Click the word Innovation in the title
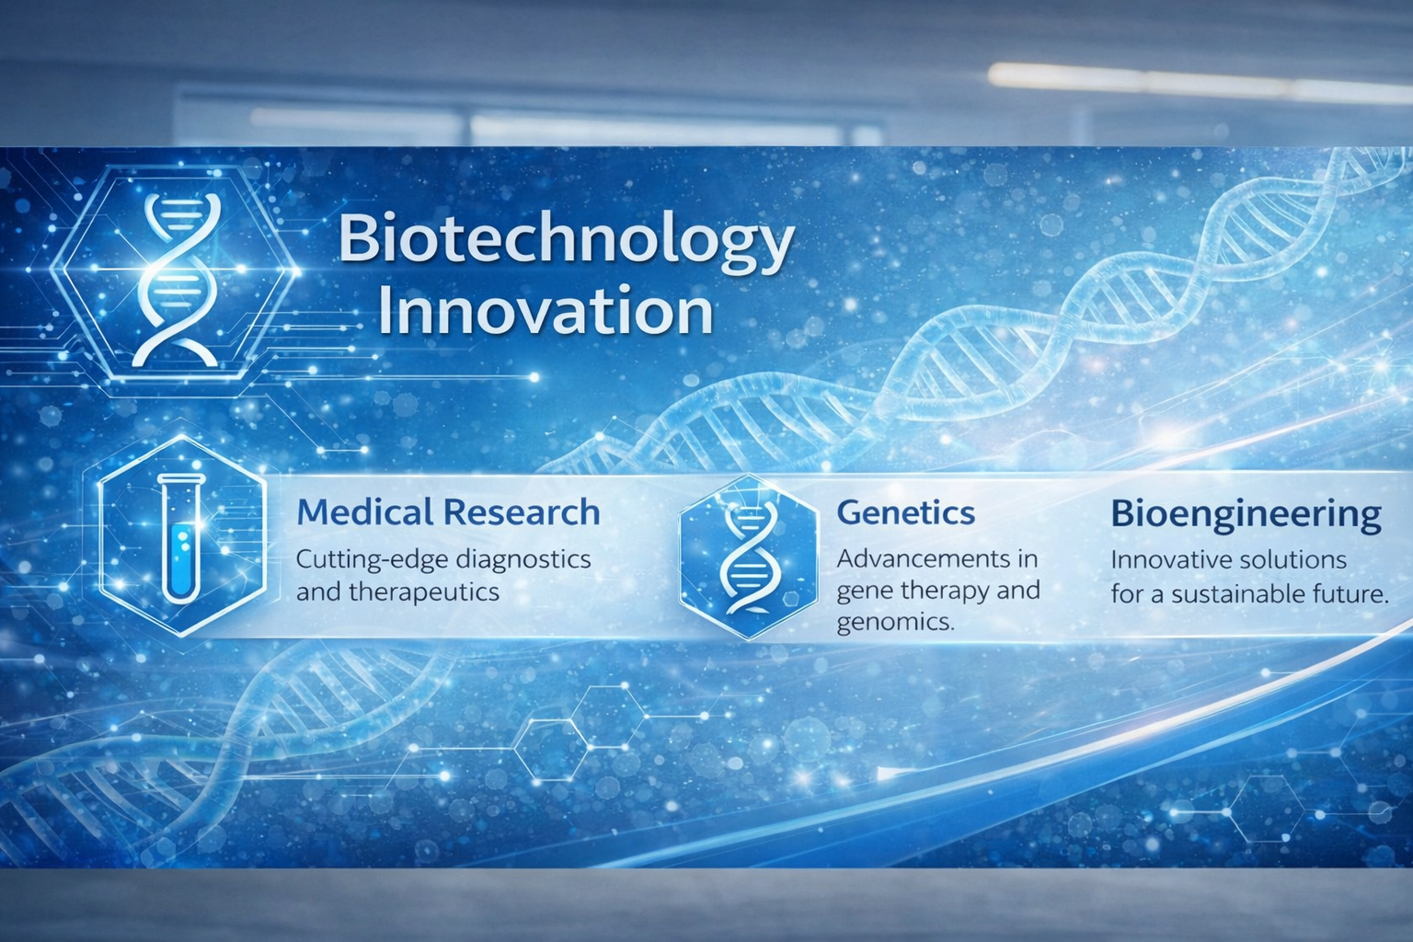pos(546,313)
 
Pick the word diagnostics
pos(523,559)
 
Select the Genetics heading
pos(905,512)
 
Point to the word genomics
pos(894,623)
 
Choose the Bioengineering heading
pos(1246,514)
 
